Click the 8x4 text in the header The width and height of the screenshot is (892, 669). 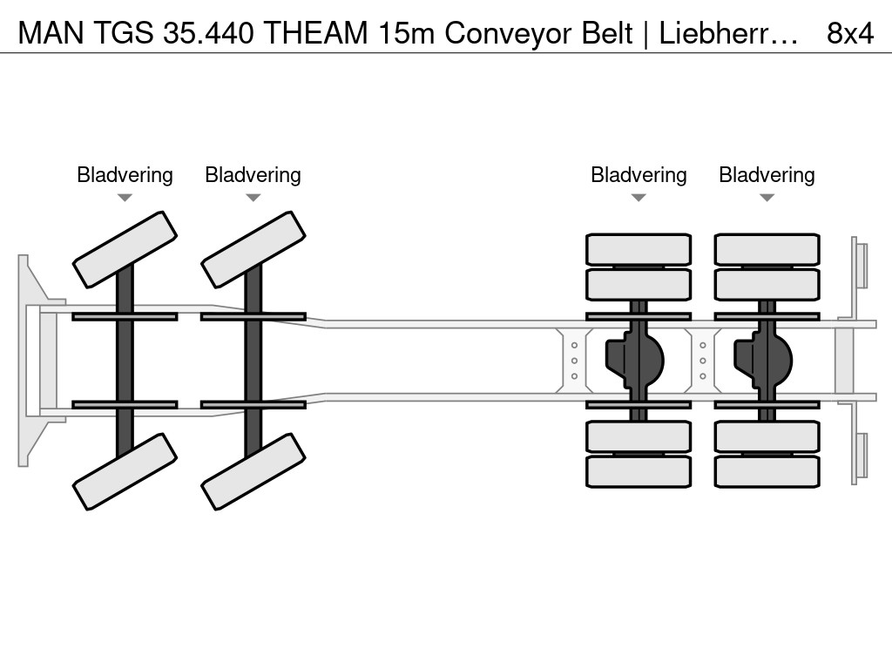[x=850, y=33]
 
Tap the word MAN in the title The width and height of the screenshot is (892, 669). [x=51, y=33]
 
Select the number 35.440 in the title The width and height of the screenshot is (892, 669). [x=208, y=33]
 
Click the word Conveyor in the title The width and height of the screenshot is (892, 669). [x=508, y=34]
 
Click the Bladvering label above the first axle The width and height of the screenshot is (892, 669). [x=125, y=175]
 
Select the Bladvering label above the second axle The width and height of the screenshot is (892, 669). [x=253, y=175]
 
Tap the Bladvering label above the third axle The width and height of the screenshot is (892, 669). [x=639, y=175]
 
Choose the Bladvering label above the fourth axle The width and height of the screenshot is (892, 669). [x=767, y=175]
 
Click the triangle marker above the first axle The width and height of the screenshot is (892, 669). [x=125, y=198]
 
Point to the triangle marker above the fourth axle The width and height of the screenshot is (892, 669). [x=767, y=198]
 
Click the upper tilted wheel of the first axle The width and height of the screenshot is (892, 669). [x=125, y=250]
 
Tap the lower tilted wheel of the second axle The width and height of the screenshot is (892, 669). [x=253, y=471]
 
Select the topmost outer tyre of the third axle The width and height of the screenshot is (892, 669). [x=639, y=249]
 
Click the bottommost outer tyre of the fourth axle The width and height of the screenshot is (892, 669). [x=767, y=471]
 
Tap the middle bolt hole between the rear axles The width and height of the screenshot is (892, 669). [x=703, y=361]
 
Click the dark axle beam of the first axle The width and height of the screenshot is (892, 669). [x=125, y=361]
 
